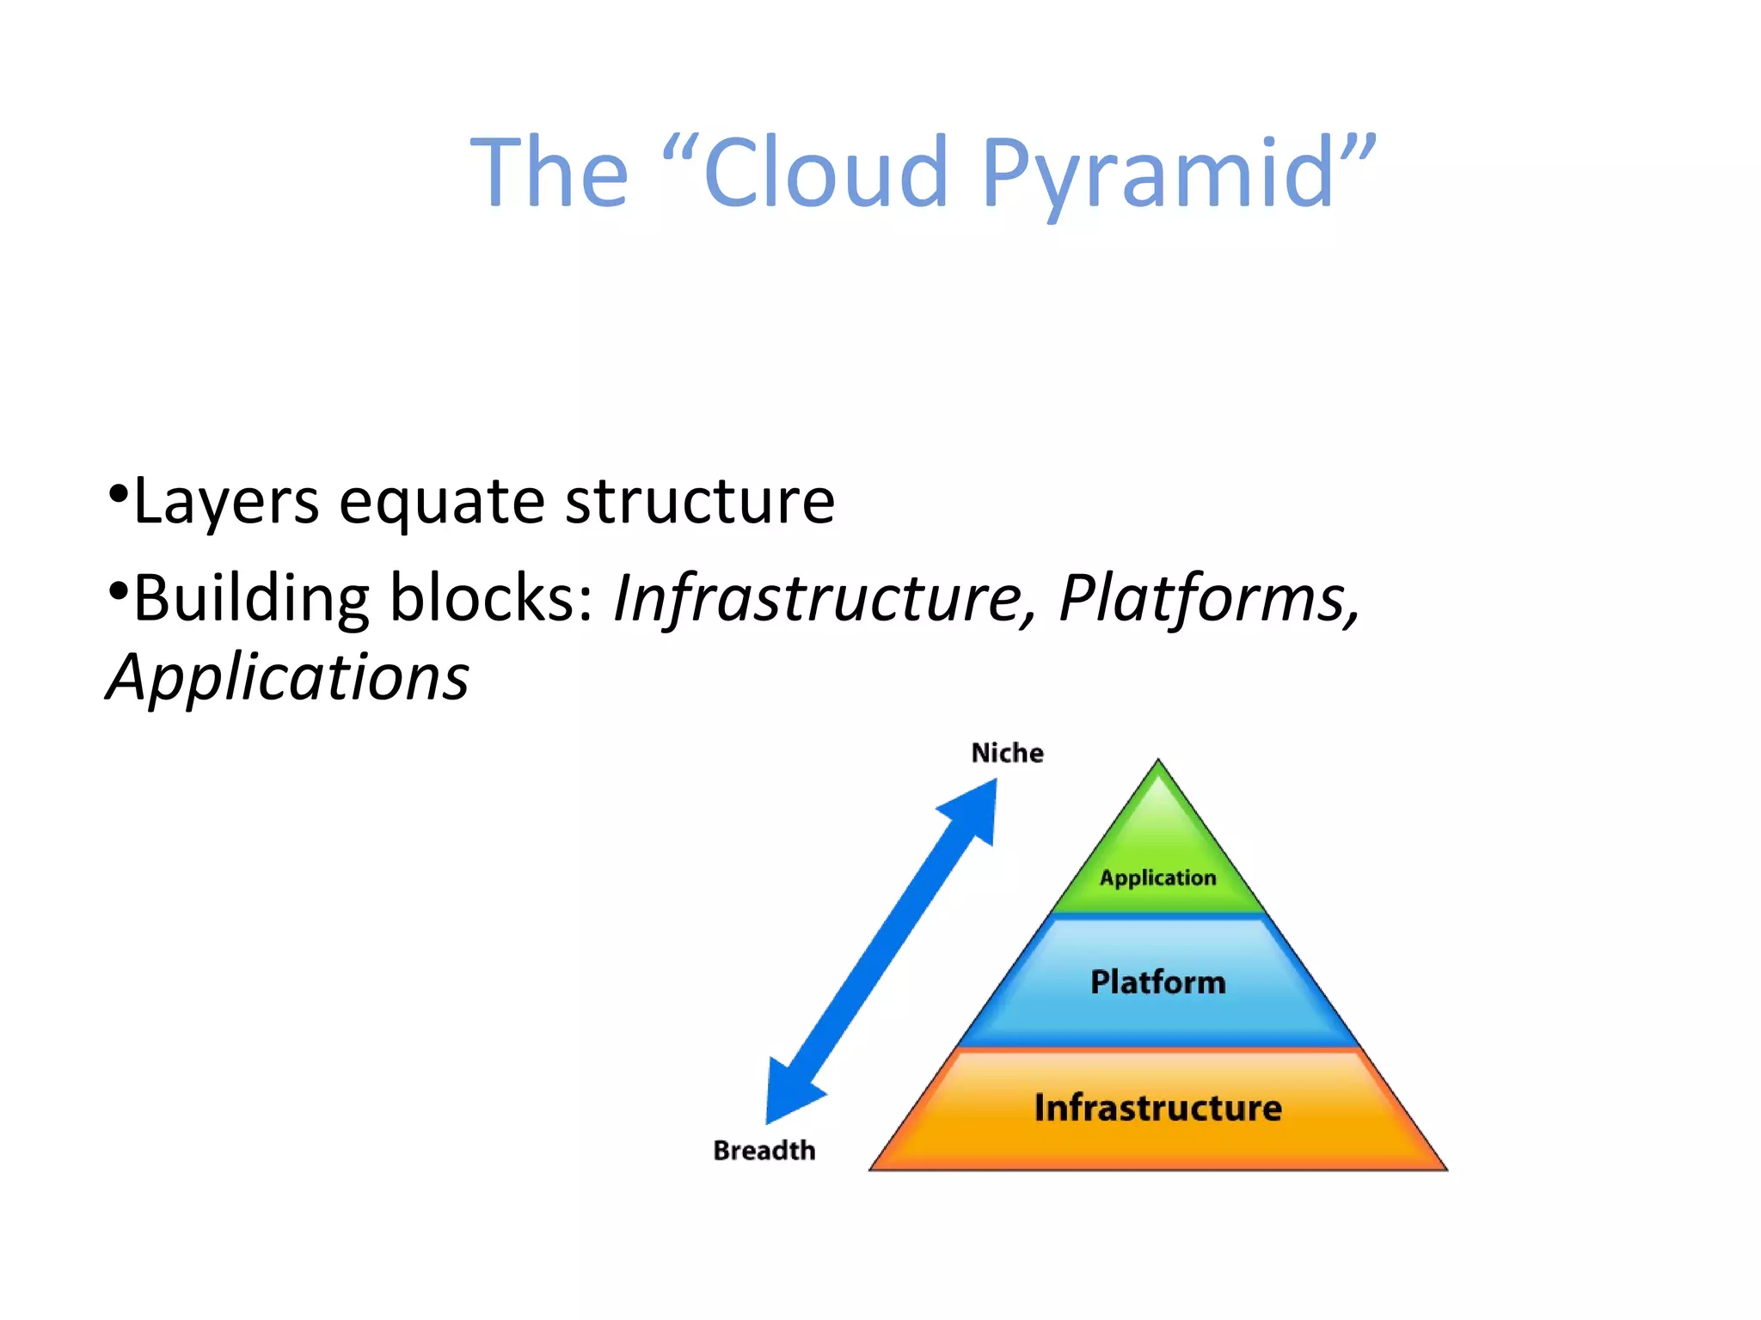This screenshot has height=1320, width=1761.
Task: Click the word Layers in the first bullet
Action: coord(226,502)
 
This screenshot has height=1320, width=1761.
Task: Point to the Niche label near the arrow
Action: coord(1007,753)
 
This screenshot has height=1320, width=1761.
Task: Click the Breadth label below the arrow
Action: coord(764,1150)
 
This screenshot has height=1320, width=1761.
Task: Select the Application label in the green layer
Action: coord(1157,877)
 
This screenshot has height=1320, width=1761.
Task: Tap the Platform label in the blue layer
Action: coord(1157,981)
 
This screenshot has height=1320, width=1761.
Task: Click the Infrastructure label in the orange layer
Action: coord(1157,1107)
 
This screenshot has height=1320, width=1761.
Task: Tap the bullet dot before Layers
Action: coord(119,493)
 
